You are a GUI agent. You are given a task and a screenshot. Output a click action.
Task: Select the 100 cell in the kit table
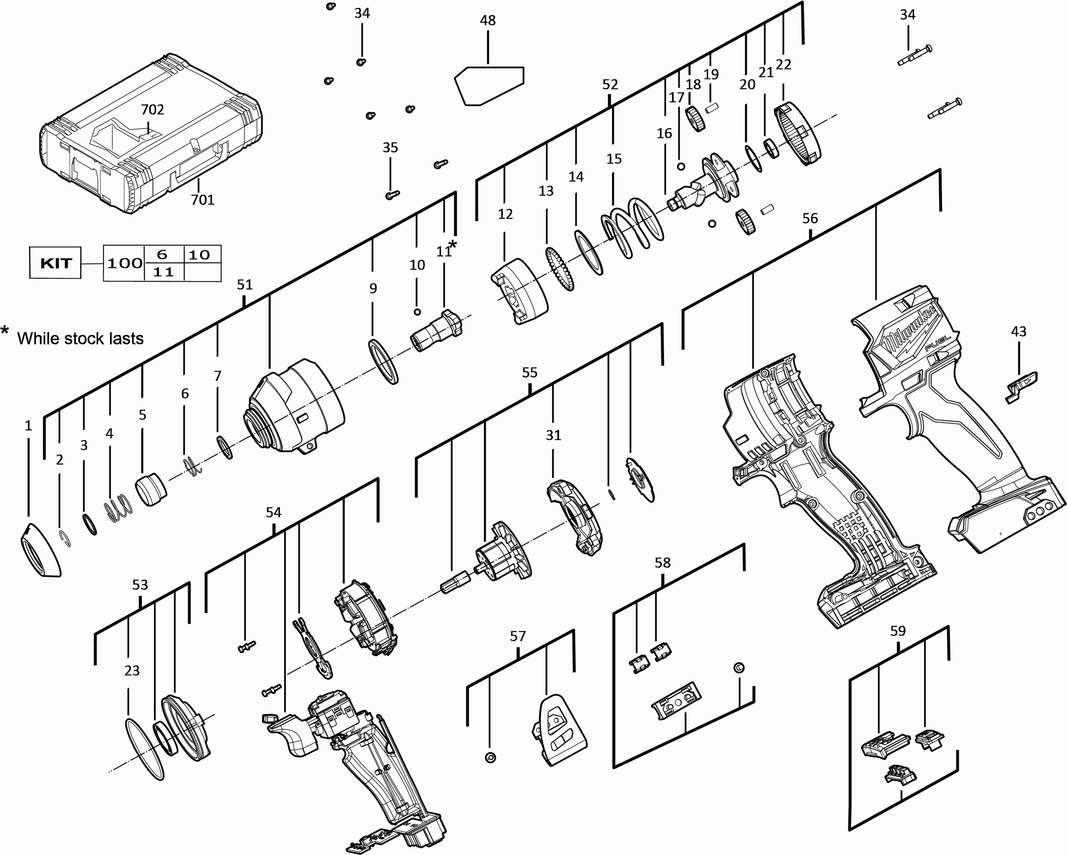pos(124,263)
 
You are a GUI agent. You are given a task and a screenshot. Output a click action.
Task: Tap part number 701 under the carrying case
pos(202,200)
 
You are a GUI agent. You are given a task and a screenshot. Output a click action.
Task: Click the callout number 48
pos(488,20)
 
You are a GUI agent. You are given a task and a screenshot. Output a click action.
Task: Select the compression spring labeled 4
pos(118,510)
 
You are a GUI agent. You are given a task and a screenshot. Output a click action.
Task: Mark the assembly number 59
pos(898,631)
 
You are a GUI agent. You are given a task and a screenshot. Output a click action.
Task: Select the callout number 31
pos(553,435)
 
